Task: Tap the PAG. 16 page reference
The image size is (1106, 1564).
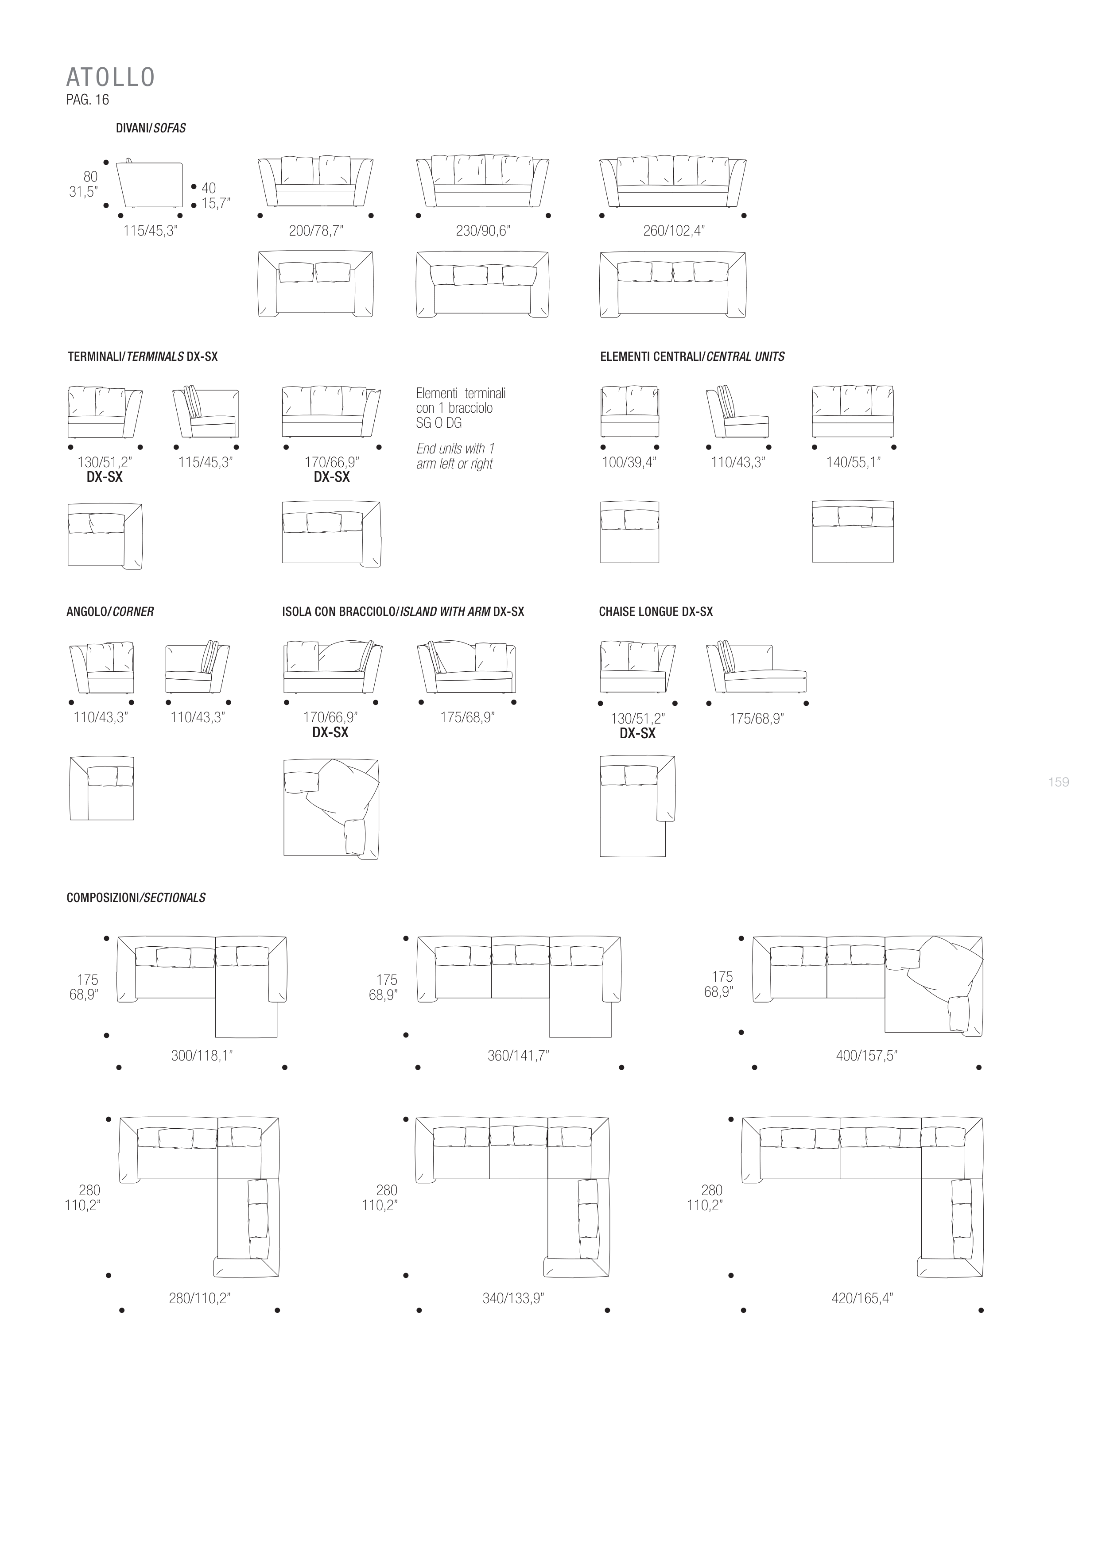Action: click(87, 100)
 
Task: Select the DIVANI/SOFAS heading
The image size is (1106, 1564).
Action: click(151, 128)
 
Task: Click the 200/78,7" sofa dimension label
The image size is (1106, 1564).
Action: click(316, 231)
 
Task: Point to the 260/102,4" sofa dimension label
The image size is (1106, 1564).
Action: click(674, 231)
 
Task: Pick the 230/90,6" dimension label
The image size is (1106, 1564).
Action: click(483, 231)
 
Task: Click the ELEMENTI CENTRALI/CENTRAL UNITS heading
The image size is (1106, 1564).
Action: click(692, 356)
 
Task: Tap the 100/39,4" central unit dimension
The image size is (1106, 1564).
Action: click(629, 463)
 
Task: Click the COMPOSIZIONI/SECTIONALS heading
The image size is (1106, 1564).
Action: click(136, 898)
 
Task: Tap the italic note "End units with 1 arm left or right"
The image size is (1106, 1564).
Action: click(455, 457)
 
